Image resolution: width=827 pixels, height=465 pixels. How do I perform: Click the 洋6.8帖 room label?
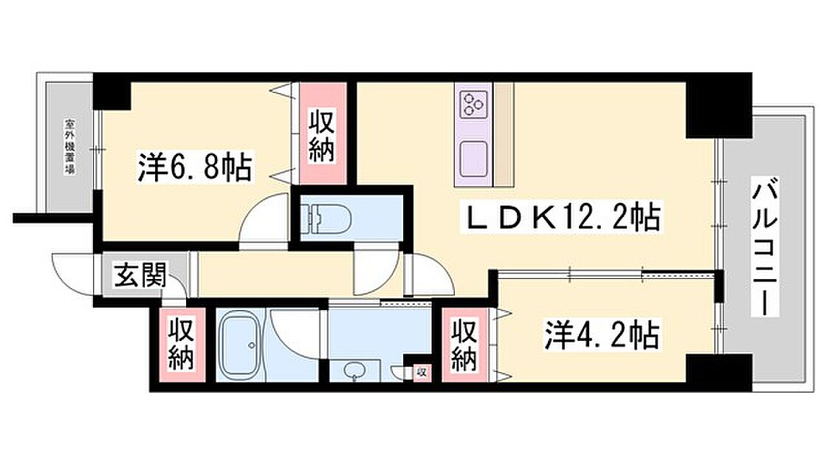[195, 168]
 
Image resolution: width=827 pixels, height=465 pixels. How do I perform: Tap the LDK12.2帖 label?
[559, 218]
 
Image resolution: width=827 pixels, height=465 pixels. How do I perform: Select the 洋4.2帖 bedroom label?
[601, 337]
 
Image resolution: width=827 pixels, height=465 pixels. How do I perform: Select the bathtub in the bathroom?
[242, 344]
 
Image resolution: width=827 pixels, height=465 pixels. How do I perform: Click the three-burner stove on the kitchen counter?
[473, 103]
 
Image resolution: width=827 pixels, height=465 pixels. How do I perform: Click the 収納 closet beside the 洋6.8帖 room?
[322, 136]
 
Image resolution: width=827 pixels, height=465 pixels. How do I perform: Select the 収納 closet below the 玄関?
[179, 344]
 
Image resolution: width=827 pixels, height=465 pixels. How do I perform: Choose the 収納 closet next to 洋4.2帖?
[462, 345]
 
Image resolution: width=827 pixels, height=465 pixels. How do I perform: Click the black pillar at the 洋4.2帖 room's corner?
[717, 371]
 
